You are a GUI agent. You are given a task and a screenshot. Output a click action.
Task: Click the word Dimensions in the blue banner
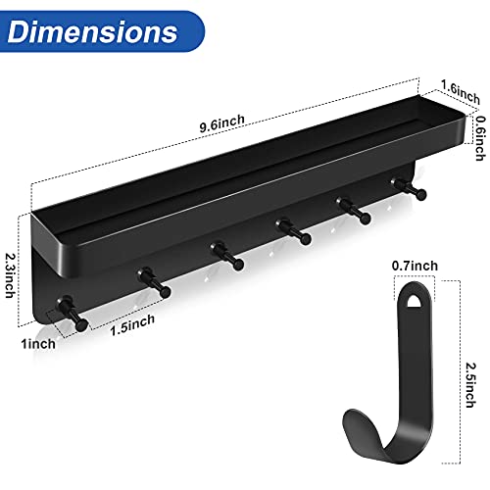pyautogui.click(x=92, y=31)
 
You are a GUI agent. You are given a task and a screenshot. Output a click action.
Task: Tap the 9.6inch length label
pyautogui.click(x=222, y=123)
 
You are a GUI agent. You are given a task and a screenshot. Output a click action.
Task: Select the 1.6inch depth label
pyautogui.click(x=461, y=92)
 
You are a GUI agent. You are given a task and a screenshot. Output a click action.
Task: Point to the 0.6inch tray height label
pyautogui.click(x=479, y=138)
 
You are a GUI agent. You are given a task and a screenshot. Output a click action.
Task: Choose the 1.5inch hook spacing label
pyautogui.click(x=132, y=324)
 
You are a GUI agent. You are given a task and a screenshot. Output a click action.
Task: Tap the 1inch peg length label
pyautogui.click(x=38, y=344)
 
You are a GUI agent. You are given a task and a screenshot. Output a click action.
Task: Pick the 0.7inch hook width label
pyautogui.click(x=415, y=266)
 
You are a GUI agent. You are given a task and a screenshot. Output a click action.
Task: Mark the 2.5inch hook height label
pyautogui.click(x=470, y=385)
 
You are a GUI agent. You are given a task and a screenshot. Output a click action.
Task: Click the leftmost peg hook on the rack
pyautogui.click(x=73, y=313)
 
